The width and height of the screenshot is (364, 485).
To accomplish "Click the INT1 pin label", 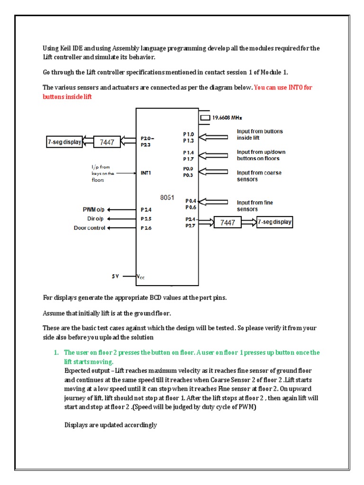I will point(146,173).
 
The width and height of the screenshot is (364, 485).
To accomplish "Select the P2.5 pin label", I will point(146,218).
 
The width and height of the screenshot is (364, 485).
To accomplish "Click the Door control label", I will point(89,228).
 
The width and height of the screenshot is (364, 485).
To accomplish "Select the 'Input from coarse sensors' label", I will point(259,176).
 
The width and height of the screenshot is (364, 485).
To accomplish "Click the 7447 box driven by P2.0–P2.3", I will point(107,142).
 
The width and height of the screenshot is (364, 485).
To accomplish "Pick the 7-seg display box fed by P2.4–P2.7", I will point(274,222).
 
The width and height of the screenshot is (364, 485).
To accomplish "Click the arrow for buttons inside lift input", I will point(215,137).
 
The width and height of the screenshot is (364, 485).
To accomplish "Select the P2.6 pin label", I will point(146,228).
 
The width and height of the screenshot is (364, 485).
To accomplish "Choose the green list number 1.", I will point(55,352).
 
